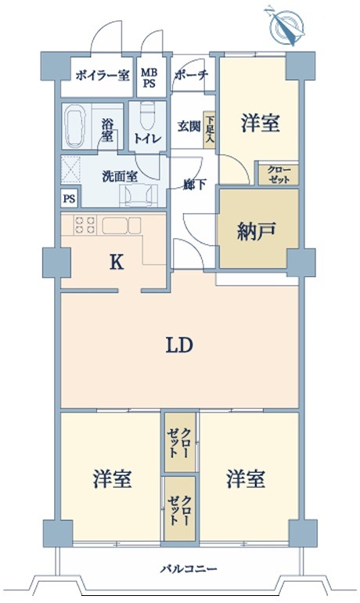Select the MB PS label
(149, 77)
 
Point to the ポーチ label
(192, 77)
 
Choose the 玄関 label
(188, 126)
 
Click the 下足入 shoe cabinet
(209, 128)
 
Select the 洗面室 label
(118, 175)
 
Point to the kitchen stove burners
(85, 226)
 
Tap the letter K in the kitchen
(115, 264)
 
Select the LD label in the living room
(178, 345)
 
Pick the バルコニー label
(179, 570)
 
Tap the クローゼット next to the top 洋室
(278, 174)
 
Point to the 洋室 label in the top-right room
(259, 123)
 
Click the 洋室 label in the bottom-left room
(112, 477)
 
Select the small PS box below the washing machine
(70, 198)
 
